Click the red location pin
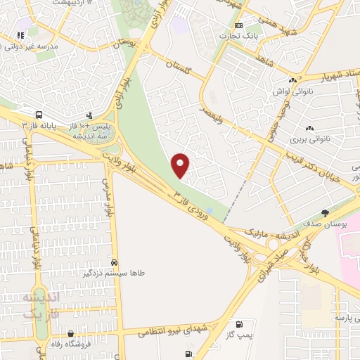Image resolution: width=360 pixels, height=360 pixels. coord(181,165)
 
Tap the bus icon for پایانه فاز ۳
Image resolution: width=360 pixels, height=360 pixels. coord(38,114)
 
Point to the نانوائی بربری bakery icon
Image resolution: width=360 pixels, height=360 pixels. coord(309,128)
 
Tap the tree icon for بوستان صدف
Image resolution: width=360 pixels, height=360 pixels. coord(324,212)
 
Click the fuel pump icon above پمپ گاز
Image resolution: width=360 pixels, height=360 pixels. coord(240,324)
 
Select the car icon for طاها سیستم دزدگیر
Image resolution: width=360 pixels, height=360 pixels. coord(114,262)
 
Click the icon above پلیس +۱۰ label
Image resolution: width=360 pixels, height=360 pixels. coord(89,115)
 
